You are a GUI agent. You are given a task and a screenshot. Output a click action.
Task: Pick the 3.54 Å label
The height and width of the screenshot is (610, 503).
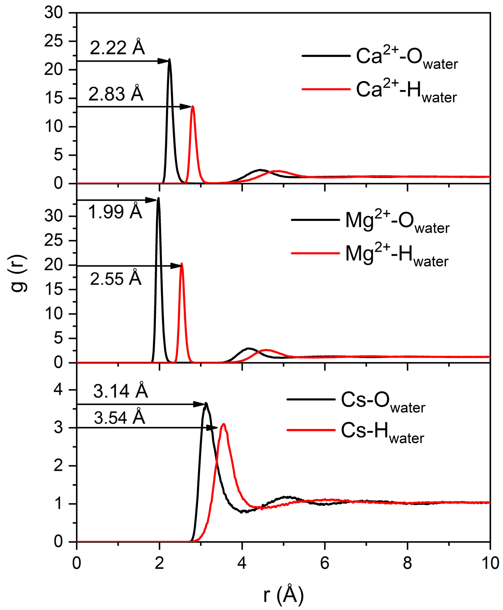(119, 418)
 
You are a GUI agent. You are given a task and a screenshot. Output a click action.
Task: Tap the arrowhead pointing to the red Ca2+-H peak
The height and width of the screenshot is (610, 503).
(185, 107)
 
